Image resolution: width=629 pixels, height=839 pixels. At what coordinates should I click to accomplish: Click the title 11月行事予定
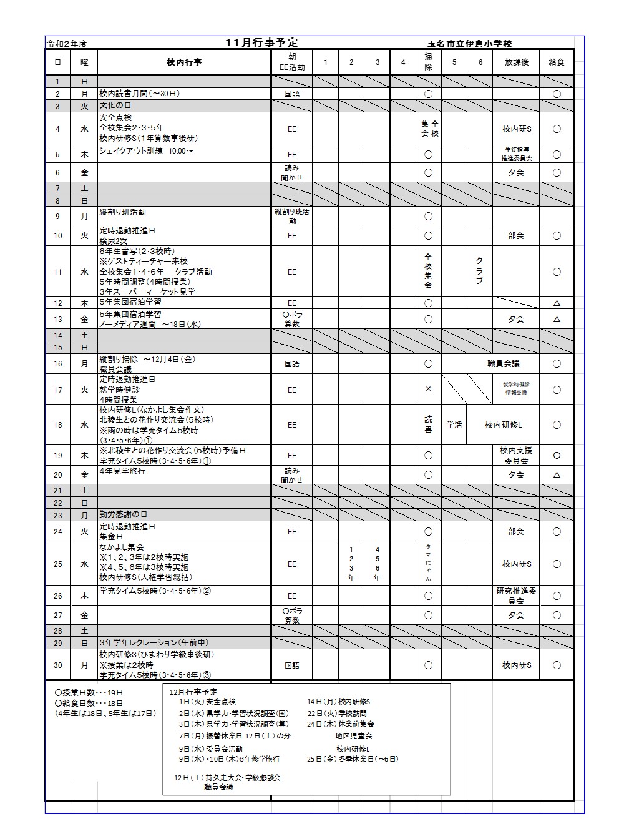coord(262,42)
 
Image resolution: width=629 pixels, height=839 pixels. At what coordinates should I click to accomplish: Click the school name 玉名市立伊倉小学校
coord(469,44)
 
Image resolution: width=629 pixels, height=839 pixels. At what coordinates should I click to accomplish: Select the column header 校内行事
coord(184,62)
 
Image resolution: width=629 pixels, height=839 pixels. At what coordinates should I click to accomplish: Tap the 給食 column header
coord(556,62)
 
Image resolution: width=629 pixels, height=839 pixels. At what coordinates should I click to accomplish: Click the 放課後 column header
coord(515,62)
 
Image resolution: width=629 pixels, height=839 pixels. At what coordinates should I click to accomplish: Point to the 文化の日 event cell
coord(115,106)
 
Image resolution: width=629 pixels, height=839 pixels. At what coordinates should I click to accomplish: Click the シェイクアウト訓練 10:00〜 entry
coord(147,151)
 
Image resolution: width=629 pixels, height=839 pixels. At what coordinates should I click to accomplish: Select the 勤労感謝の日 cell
coord(123,514)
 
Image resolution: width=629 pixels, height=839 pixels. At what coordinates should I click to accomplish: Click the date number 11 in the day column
coord(58,272)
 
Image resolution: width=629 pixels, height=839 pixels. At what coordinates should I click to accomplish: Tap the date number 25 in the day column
coord(58,564)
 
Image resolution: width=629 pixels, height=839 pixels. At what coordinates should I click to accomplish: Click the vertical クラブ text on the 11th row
coord(479,271)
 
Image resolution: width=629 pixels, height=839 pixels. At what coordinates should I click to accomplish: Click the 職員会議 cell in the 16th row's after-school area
coord(503,364)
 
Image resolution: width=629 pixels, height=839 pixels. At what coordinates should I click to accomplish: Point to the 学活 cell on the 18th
coord(454,425)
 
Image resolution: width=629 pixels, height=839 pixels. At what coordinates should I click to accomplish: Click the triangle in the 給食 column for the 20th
coord(557,475)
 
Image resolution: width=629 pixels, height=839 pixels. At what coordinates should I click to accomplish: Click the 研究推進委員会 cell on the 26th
coord(516,596)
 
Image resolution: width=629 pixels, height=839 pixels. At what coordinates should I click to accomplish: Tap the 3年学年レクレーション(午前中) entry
coord(154,643)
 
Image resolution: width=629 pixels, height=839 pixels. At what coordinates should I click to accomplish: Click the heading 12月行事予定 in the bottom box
coord(193,692)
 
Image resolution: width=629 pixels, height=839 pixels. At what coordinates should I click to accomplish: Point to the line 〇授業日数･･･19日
coord(89,693)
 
